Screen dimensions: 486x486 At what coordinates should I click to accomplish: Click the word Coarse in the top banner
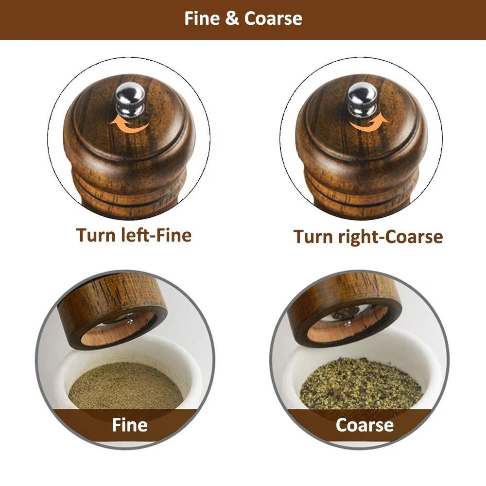[x=273, y=18]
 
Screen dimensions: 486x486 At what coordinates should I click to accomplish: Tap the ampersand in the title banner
[x=232, y=19]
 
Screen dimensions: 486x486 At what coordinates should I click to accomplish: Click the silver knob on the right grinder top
[x=362, y=100]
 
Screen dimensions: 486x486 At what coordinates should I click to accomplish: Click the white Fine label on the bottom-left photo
[x=129, y=425]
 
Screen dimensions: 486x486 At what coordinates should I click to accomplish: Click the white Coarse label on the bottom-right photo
[x=364, y=425]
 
